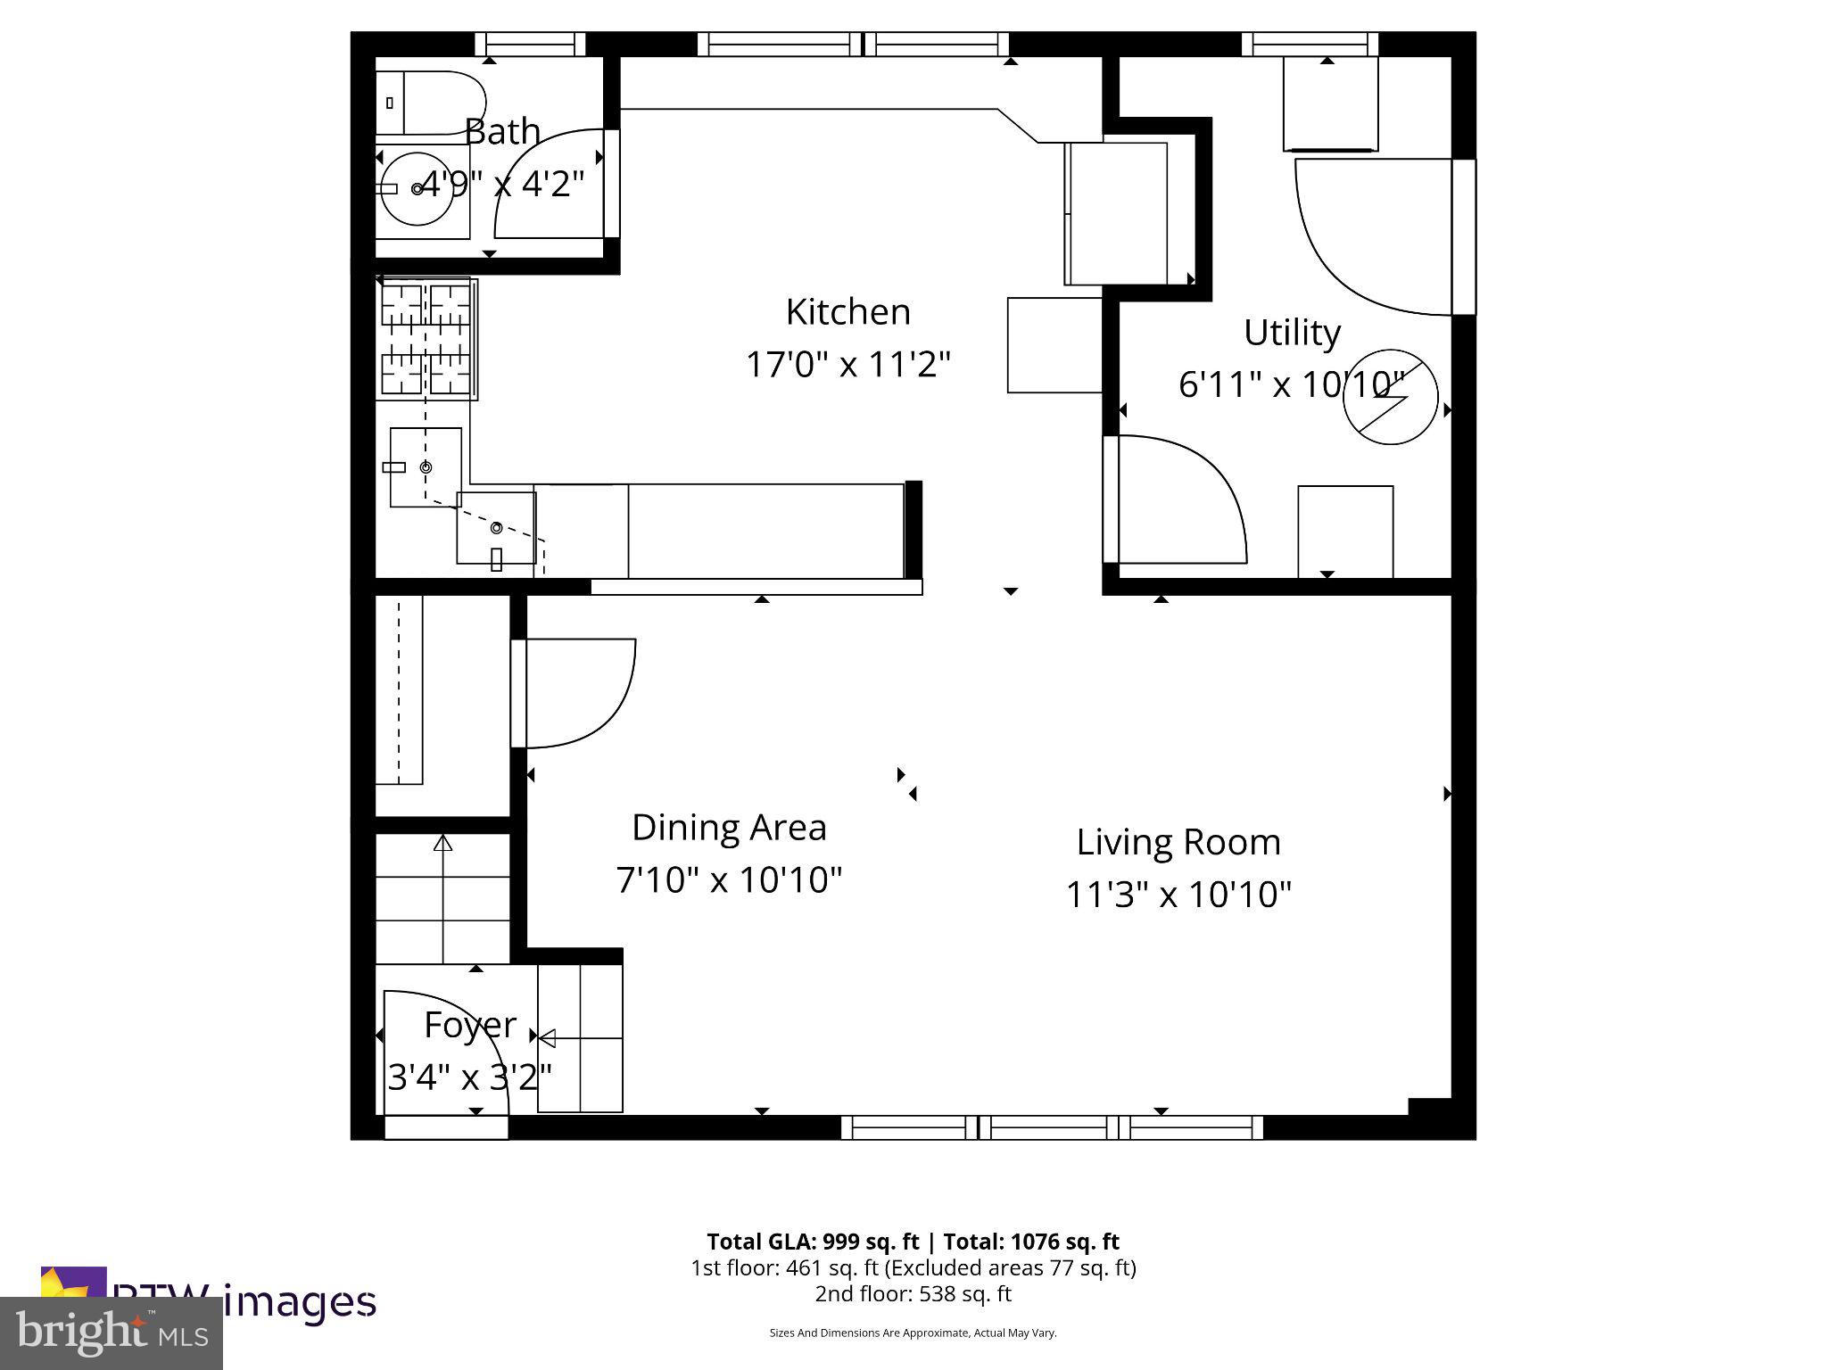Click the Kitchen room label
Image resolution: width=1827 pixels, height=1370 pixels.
coord(847,312)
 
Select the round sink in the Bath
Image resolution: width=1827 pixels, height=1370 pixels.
coord(417,188)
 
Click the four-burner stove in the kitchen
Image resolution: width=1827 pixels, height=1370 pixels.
coord(426,338)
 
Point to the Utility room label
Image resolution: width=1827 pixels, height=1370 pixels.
coord(1292,333)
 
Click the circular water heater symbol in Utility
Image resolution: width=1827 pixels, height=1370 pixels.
coord(1390,397)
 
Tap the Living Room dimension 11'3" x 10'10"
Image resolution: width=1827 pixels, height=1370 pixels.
coord(1178,894)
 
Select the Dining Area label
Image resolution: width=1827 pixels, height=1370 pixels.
coord(729,828)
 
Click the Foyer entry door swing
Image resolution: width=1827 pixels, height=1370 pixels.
coord(446,1052)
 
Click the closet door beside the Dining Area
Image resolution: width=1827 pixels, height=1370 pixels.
coord(580,691)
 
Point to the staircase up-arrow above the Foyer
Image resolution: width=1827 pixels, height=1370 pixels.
coord(442,844)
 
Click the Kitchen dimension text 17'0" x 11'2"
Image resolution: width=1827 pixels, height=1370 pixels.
coord(847,364)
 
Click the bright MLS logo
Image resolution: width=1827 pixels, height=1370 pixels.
coord(112,1333)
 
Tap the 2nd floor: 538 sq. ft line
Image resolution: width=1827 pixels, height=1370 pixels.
coord(913,1293)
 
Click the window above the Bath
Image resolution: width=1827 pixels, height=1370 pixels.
coord(530,45)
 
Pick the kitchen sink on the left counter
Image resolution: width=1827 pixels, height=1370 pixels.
coord(426,467)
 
